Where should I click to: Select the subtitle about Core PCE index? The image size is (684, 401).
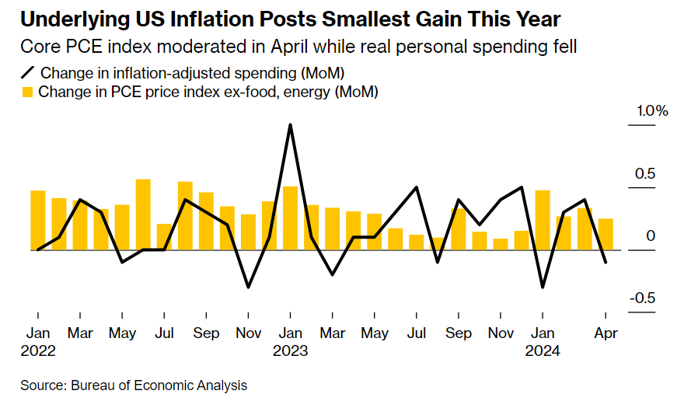[300, 47]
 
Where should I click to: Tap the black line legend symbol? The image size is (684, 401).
[28, 73]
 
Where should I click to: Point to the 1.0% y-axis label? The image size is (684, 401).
[652, 111]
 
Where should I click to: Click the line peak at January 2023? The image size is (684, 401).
[290, 125]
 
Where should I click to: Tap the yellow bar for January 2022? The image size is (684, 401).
[38, 220]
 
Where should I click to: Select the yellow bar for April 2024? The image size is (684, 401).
[605, 234]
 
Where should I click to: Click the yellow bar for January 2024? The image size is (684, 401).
[543, 220]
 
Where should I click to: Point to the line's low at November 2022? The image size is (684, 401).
[248, 288]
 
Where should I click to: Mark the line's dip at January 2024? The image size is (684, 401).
[543, 288]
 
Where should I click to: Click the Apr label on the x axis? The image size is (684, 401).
[605, 333]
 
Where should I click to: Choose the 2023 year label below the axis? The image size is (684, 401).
[290, 350]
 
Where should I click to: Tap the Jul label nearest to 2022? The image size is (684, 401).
[164, 333]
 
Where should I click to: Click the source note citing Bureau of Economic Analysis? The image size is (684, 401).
[134, 385]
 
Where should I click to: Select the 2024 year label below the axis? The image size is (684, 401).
[543, 350]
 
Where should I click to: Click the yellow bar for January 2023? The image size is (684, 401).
[290, 218]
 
